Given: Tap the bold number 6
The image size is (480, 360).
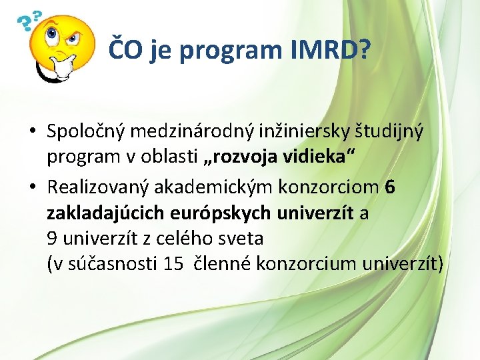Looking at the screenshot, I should (390, 188).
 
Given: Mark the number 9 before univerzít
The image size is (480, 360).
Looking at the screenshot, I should (52, 238).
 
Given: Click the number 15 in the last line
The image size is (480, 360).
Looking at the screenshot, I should (173, 263).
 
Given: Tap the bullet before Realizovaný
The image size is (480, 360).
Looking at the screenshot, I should (33, 189).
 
